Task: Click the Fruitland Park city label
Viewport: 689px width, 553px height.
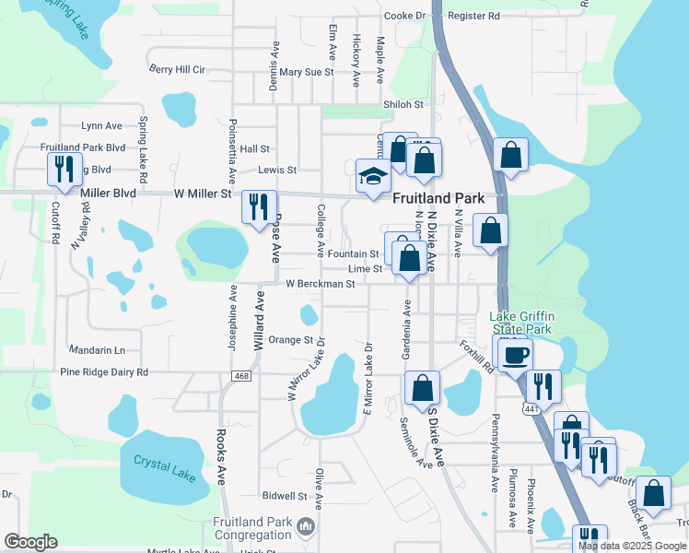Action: point(438,198)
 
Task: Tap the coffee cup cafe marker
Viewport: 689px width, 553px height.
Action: point(517,353)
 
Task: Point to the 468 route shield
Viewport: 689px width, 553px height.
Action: point(241,376)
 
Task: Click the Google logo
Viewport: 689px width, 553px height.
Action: point(30,542)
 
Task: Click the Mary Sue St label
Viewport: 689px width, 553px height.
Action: point(307,72)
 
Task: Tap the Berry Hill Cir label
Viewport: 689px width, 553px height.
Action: point(177,69)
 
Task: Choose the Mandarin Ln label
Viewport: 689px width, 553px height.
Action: point(98,350)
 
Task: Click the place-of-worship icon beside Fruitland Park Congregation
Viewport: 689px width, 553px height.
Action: point(306,527)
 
